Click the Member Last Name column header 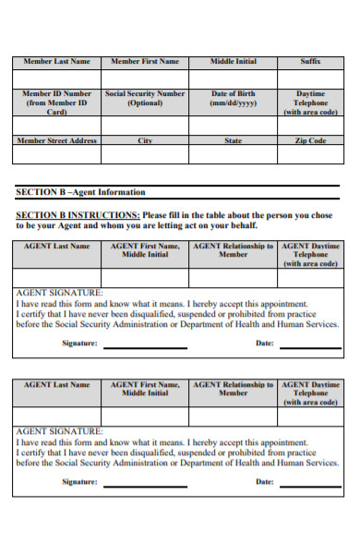56,62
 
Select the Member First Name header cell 145,62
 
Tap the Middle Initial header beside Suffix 234,62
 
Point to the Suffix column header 310,62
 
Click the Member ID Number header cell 56,102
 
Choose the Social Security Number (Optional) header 145,98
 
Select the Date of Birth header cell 234,98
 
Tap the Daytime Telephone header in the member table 310,102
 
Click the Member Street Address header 56,140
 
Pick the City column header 145,140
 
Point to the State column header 234,140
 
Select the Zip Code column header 310,140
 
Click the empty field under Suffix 310,78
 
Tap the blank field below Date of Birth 234,126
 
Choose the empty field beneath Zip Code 310,155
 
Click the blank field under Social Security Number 145,126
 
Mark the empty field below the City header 145,155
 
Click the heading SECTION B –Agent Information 81,192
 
